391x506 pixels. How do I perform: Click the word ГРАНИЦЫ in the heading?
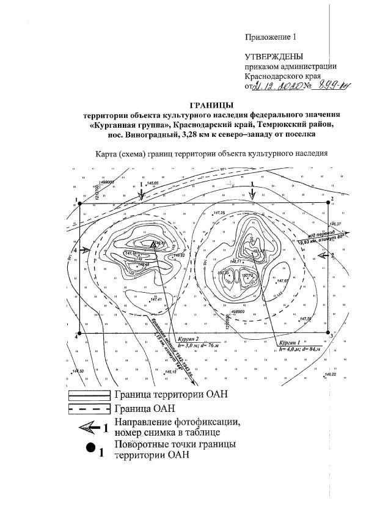pos(212,105)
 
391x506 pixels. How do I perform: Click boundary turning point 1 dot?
pos(80,205)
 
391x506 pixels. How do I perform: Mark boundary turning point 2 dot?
pos(327,204)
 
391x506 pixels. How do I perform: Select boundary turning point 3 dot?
pos(327,332)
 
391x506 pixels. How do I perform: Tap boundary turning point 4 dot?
pos(80,332)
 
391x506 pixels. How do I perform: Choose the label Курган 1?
pos(287,343)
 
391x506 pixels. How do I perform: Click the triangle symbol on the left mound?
pos(153,245)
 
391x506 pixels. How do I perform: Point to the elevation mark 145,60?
pos(152,183)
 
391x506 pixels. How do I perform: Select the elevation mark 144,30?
pos(79,372)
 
